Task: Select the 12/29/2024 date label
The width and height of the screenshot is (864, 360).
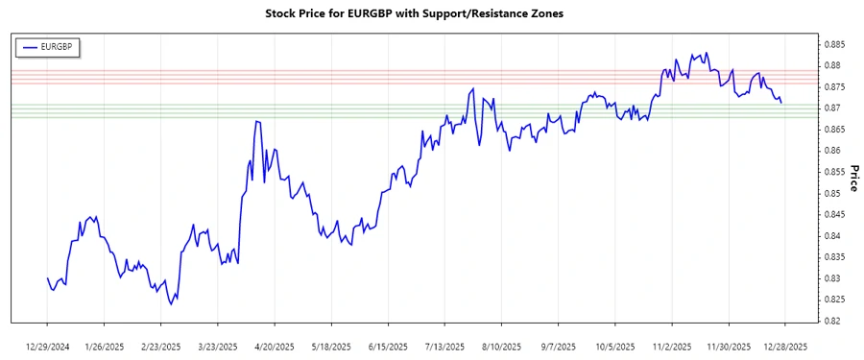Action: coord(47,346)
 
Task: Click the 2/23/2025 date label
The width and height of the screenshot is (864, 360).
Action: coord(160,346)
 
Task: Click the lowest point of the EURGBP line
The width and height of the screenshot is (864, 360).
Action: coord(171,304)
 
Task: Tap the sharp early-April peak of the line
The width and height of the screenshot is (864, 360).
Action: coord(256,121)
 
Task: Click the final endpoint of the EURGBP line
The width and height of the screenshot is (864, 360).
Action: coord(781,103)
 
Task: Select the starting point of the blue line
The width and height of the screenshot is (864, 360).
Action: coord(47,278)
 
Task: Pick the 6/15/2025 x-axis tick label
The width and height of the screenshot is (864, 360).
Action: coord(387,346)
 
